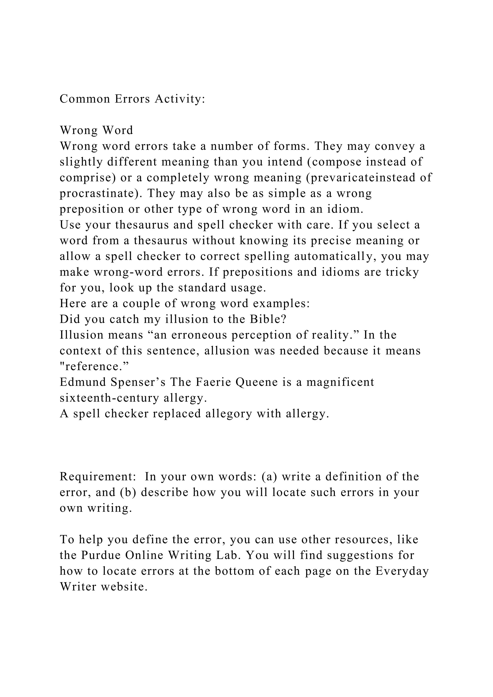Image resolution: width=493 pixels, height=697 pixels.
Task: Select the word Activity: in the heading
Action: coord(180,99)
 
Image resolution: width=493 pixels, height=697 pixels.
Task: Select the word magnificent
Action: coord(340,382)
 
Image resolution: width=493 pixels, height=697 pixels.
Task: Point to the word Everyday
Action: coord(402,571)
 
